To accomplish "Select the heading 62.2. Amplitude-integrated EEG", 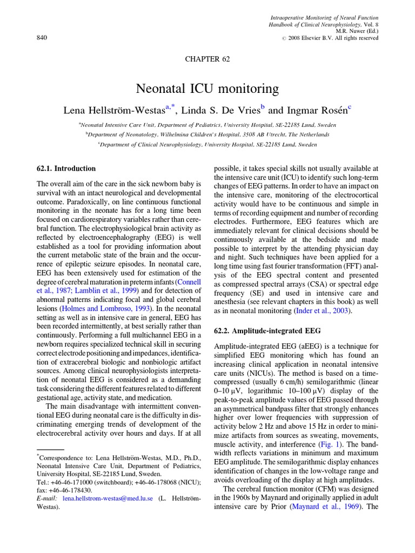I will [267, 331].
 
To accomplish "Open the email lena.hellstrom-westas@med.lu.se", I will [107, 499].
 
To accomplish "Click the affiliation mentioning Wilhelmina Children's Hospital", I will [208, 134].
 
